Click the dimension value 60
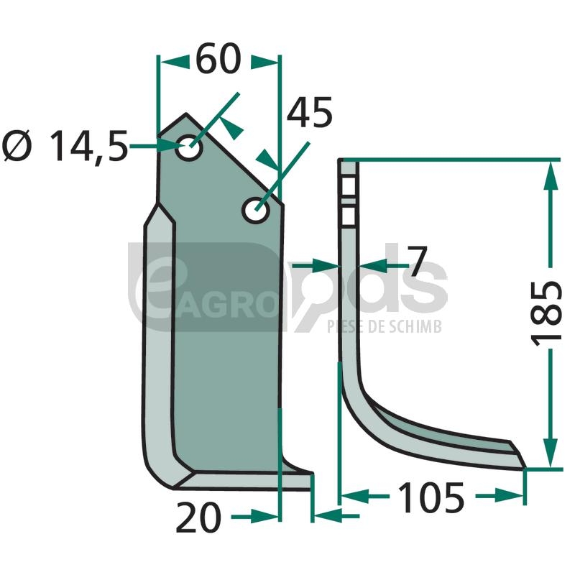pyautogui.click(x=218, y=59)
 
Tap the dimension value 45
pyautogui.click(x=309, y=113)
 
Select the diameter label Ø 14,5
pyautogui.click(x=65, y=147)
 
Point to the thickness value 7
pyautogui.click(x=418, y=261)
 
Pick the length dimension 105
pyautogui.click(x=431, y=497)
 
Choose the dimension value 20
pyautogui.click(x=198, y=517)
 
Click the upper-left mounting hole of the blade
pyautogui.click(x=189, y=148)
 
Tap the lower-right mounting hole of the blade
pyautogui.click(x=256, y=210)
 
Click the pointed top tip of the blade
pyautogui.click(x=186, y=114)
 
